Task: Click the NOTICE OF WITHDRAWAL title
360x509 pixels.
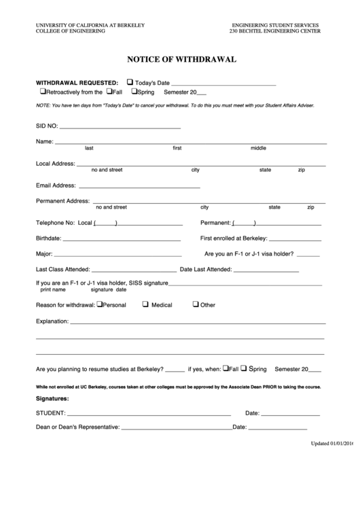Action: pos(181,59)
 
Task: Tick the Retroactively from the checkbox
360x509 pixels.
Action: pos(42,91)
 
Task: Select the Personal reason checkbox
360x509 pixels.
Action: pos(99,304)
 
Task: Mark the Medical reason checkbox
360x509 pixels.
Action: pos(145,304)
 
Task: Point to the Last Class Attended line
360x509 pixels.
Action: pos(132,270)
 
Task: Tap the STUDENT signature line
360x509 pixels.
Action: pos(148,413)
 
